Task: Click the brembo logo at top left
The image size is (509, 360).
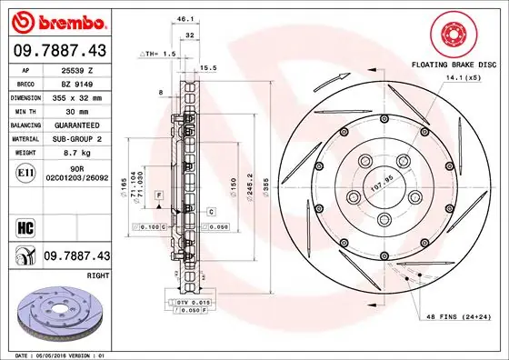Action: coord(59,21)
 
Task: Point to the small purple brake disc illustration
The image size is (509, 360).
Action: coord(59,309)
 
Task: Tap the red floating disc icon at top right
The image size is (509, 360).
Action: coord(451,35)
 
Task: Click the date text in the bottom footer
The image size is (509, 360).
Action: coord(60,353)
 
